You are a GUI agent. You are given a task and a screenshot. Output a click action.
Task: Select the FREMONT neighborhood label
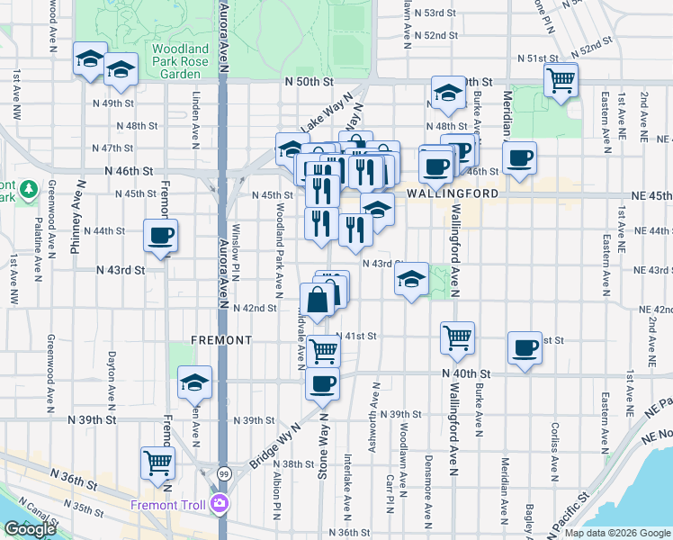pos(221,340)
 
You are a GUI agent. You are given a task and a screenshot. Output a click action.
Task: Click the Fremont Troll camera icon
pos(219,504)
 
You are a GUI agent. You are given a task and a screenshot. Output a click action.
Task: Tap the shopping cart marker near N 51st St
pos(561,81)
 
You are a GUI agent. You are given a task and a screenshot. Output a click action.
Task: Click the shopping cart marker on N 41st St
pos(457,337)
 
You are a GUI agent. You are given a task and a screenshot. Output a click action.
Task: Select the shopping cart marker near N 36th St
pos(157,463)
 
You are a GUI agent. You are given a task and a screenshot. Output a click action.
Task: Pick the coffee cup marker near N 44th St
pos(161,237)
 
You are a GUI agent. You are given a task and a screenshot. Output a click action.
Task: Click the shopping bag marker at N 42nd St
pos(319,301)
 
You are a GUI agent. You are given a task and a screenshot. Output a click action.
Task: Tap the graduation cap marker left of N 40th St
pos(194,382)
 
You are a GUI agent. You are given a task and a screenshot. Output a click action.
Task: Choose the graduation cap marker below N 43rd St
pos(411,280)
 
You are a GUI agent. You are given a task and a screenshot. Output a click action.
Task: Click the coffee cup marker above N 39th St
pos(322,384)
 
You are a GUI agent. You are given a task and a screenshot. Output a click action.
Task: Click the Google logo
pos(30,529)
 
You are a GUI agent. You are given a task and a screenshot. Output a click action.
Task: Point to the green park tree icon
pos(29,189)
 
